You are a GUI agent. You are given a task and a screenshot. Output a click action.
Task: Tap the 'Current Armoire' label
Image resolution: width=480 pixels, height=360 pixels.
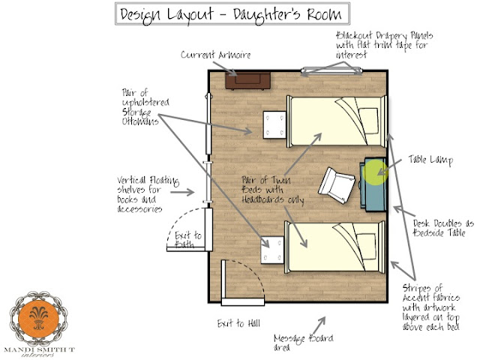click(x=216, y=55)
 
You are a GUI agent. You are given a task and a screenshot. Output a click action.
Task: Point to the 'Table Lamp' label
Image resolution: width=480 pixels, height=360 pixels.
click(x=429, y=159)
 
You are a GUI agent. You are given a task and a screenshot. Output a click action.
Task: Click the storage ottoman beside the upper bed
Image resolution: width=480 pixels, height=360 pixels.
click(x=274, y=121)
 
